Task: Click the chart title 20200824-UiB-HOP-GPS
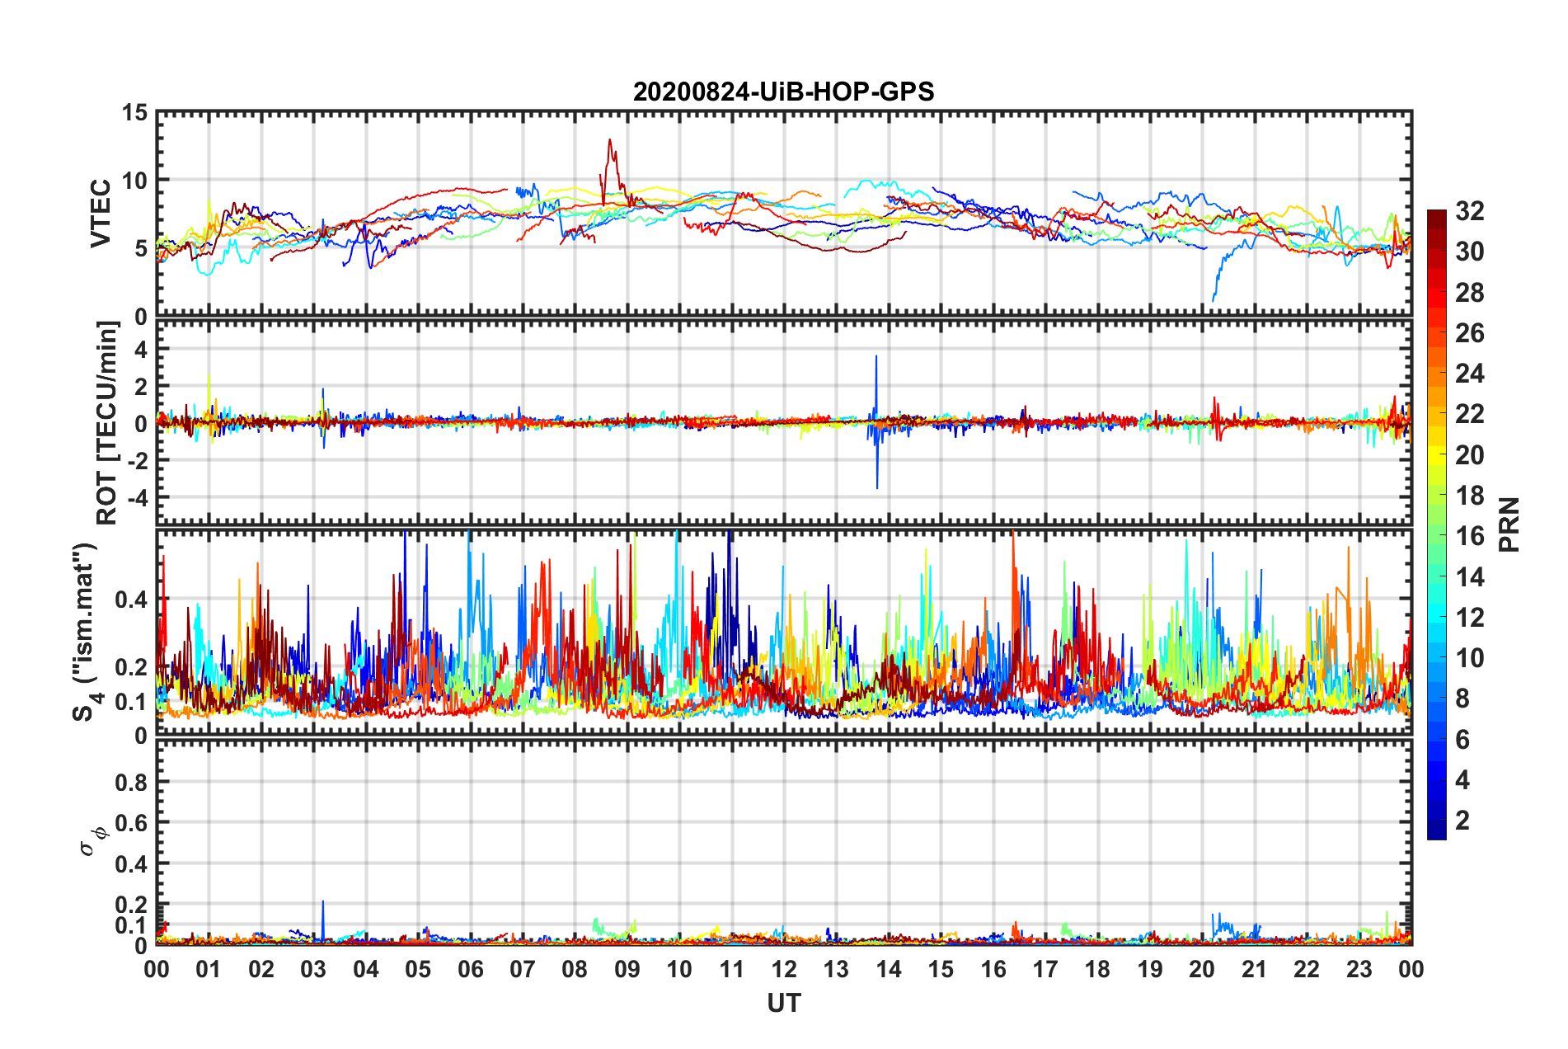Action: tap(783, 92)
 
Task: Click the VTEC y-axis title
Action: tap(101, 213)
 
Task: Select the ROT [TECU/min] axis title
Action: tap(107, 423)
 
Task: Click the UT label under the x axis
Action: tap(783, 1003)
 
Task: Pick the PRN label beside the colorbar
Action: tap(1509, 524)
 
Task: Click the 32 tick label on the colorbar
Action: tap(1469, 211)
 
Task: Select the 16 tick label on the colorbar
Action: tap(1469, 536)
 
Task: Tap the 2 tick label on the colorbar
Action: tap(1462, 820)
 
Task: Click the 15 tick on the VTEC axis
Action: tap(134, 112)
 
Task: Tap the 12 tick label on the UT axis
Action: tap(783, 969)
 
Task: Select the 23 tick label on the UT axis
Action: tap(1359, 969)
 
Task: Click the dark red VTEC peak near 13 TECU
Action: tap(610, 141)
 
